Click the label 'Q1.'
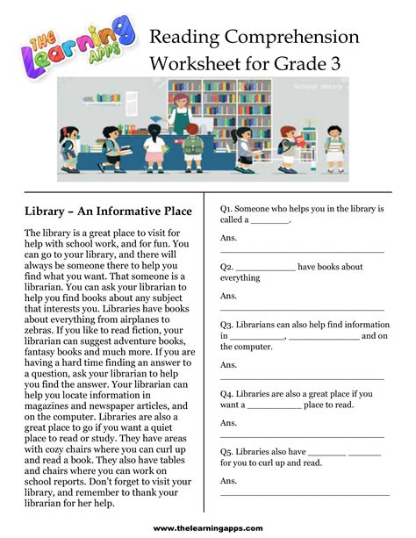tap(228, 209)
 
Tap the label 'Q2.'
tap(228, 267)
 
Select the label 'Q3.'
tap(228, 324)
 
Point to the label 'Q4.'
tap(228, 394)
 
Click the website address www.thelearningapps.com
tap(208, 527)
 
